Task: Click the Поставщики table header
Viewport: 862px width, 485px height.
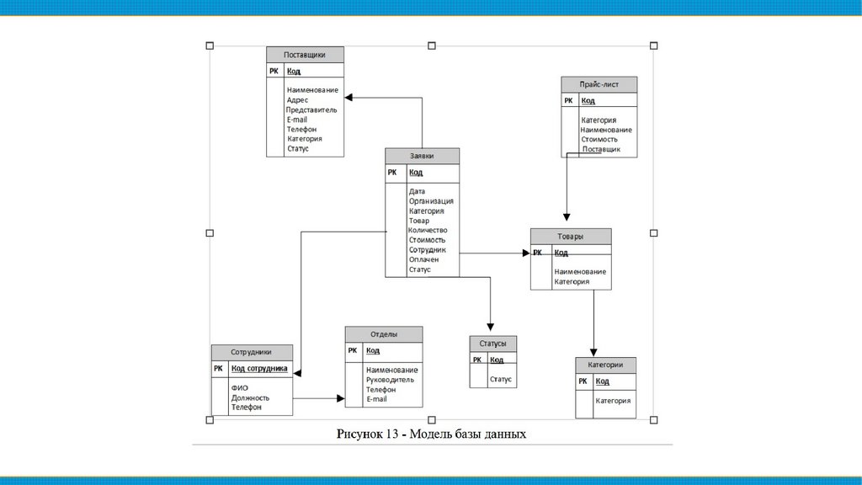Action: [x=305, y=55]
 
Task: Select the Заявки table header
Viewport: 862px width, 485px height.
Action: [x=422, y=156]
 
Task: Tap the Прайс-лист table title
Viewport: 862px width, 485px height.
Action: [x=599, y=84]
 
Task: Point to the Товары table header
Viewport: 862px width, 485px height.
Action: [x=570, y=237]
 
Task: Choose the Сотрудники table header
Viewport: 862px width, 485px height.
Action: [x=251, y=352]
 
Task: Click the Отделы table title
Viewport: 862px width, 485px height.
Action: [x=384, y=334]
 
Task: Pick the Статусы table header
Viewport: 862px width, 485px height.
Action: [x=492, y=344]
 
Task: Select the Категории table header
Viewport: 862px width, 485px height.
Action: [x=605, y=365]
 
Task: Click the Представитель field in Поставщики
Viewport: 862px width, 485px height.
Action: [x=311, y=109]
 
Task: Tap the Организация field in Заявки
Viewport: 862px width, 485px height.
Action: [x=431, y=201]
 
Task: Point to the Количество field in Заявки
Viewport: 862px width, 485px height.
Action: [x=428, y=230]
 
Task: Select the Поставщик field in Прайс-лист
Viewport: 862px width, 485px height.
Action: [x=601, y=149]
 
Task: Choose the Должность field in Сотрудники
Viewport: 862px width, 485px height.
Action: [x=250, y=397]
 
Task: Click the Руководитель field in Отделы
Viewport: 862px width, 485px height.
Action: [x=390, y=380]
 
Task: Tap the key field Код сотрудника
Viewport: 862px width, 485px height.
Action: [x=259, y=369]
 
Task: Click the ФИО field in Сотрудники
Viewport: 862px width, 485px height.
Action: [x=239, y=388]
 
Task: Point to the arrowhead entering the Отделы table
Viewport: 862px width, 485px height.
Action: [x=340, y=398]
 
